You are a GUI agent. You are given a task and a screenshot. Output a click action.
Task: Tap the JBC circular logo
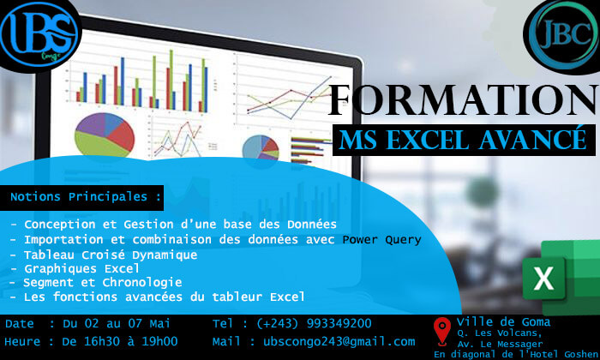click(x=562, y=35)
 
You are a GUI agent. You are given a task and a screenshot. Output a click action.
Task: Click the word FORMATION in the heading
click(x=463, y=100)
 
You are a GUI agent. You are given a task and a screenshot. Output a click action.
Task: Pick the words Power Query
click(x=381, y=240)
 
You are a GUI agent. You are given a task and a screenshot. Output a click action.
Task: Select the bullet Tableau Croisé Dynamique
click(x=111, y=255)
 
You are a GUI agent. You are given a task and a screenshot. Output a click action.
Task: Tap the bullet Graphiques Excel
click(x=82, y=268)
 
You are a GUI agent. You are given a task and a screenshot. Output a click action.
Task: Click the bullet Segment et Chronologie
click(x=103, y=283)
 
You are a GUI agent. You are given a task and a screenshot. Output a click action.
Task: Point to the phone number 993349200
click(x=339, y=324)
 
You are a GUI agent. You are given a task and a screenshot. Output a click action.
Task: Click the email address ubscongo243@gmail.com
click(x=339, y=342)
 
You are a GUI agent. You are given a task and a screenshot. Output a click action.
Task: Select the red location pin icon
click(x=442, y=331)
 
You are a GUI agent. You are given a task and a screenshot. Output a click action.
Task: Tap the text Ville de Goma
click(x=504, y=322)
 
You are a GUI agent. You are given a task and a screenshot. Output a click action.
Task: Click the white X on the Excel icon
click(x=543, y=278)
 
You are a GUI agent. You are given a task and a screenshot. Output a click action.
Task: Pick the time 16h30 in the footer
click(x=102, y=342)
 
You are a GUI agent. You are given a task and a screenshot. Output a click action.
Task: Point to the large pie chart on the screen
click(x=105, y=135)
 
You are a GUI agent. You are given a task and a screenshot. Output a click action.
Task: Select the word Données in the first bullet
click(x=312, y=225)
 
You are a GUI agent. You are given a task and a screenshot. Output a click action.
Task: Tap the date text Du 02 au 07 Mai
click(x=117, y=324)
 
